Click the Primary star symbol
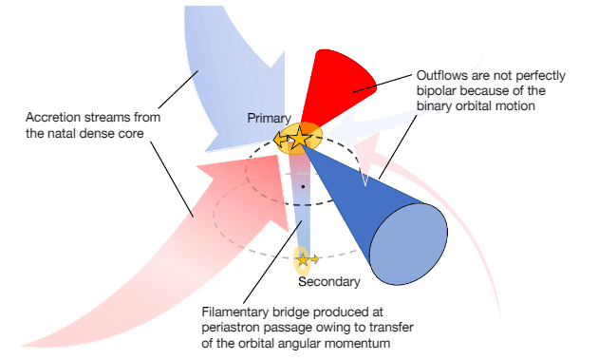pos(299,138)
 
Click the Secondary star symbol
pos(303,257)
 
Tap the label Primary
pos(269,118)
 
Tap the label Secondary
pos(329,282)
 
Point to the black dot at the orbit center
pos(303,186)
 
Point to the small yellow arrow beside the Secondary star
pos(315,258)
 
